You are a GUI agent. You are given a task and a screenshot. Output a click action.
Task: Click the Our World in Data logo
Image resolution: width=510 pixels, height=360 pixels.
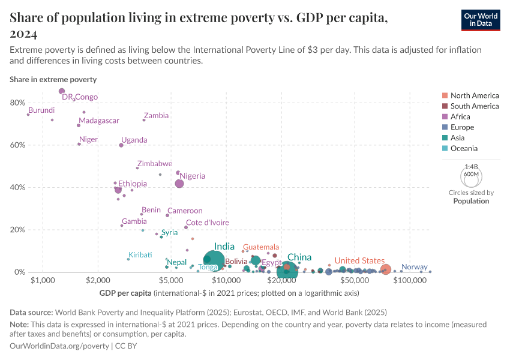point(481,20)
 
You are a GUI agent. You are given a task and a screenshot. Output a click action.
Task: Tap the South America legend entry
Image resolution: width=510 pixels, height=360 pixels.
point(474,106)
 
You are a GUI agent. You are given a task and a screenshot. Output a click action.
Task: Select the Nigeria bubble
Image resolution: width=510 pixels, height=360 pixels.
point(179,184)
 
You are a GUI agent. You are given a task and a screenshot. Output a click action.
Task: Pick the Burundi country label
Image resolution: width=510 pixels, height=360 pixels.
point(41,110)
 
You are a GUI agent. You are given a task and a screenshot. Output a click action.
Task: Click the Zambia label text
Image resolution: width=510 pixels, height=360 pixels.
point(156,116)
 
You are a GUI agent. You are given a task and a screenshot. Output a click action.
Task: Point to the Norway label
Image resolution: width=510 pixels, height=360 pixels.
point(414,267)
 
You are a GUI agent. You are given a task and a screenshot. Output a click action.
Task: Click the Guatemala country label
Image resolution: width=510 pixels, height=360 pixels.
point(260,247)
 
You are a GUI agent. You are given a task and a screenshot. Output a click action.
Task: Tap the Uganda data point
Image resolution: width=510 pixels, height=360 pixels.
point(121,145)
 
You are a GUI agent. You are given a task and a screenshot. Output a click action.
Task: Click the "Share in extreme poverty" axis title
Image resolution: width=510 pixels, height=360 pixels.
point(53,79)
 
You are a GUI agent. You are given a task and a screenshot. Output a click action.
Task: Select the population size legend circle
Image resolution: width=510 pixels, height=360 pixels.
point(471,177)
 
